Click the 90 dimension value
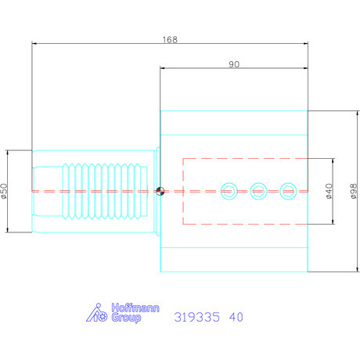[234, 64]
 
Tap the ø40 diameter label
[329, 192]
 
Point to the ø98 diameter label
[353, 192]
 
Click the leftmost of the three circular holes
[229, 190]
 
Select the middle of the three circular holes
[259, 190]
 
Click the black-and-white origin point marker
[160, 191]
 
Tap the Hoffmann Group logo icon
[95, 313]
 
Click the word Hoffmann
[124, 308]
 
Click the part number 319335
[195, 317]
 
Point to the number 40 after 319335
[236, 317]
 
